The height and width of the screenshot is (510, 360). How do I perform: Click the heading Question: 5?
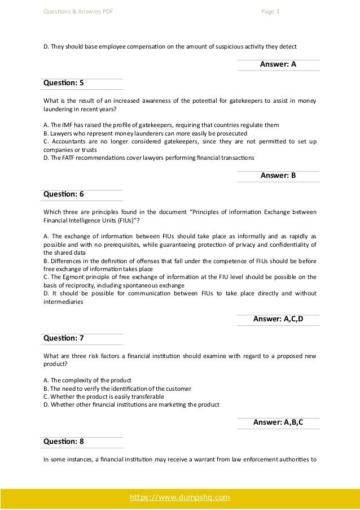coord(63,82)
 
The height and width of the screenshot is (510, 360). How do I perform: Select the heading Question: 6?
coord(63,194)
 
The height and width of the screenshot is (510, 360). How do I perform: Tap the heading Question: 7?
coord(63,338)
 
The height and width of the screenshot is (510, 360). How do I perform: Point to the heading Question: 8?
coord(63,441)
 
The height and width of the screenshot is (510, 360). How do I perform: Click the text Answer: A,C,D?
coord(278,320)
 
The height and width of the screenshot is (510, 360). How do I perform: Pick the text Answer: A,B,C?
coord(278,422)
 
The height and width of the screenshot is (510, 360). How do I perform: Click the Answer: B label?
coord(278,175)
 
